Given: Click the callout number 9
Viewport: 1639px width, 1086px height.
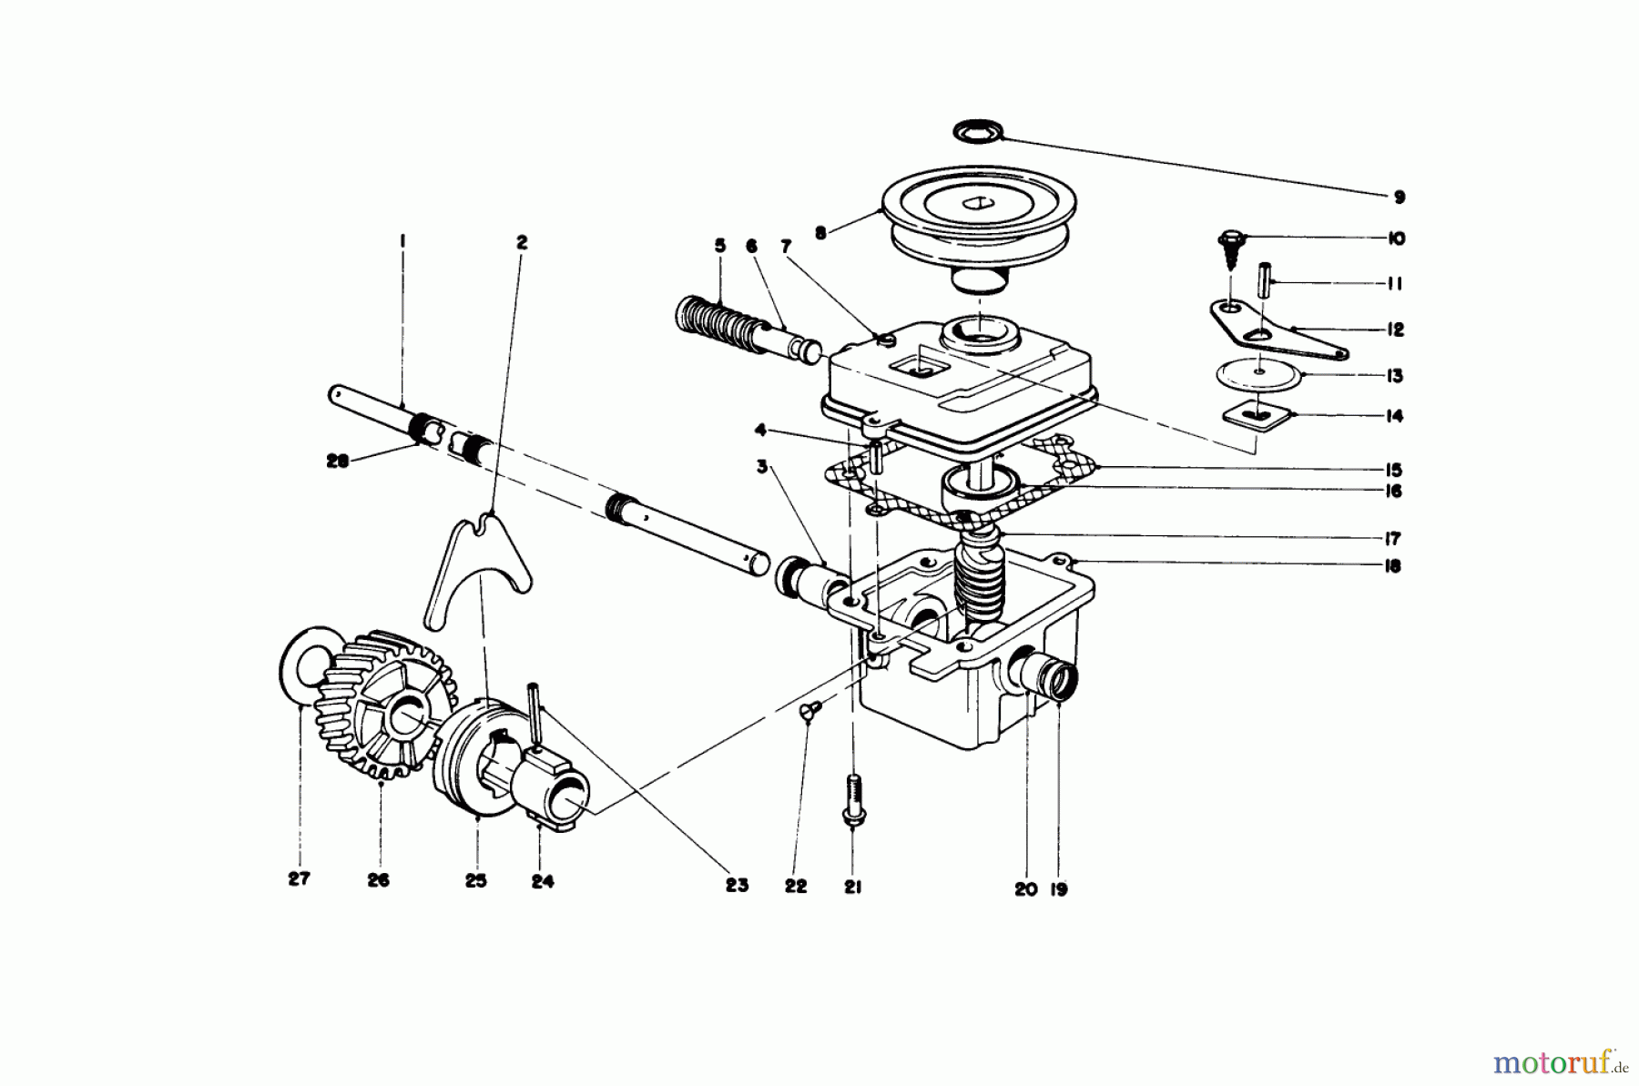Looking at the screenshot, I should click(1400, 198).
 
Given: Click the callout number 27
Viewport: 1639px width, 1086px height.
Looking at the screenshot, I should click(299, 878).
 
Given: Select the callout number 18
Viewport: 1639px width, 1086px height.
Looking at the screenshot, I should click(1391, 566).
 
